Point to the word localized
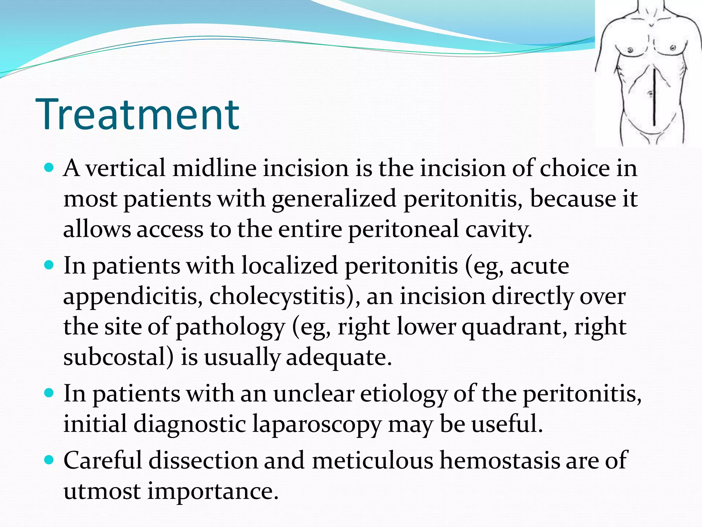pos(290,266)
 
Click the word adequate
pos(338,357)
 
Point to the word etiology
pos(403,394)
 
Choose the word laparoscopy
pos(317,424)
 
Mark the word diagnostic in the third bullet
pos(189,424)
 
